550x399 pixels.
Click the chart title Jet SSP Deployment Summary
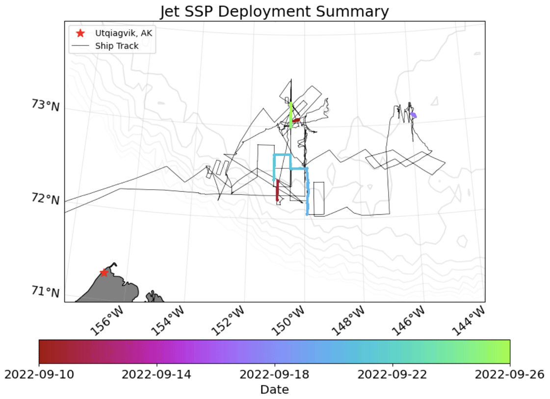click(x=274, y=11)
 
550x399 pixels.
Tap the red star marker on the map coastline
click(x=104, y=273)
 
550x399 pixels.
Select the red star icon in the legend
click(x=80, y=33)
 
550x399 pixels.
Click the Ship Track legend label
click(x=117, y=46)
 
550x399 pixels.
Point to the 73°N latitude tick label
click(x=45, y=105)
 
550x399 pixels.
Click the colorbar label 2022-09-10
click(x=39, y=374)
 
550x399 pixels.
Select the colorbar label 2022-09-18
click(x=274, y=374)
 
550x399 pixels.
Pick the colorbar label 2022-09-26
click(x=510, y=374)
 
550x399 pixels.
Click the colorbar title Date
click(x=274, y=390)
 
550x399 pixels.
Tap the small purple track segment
click(x=414, y=115)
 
